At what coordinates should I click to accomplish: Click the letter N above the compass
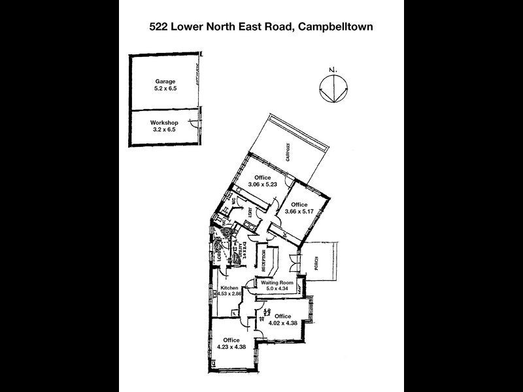tap(333, 69)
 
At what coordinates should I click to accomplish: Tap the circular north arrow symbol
tap(333, 88)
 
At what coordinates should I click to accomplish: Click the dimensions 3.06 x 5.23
tap(263, 185)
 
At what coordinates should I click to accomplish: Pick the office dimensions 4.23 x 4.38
tap(231, 347)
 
